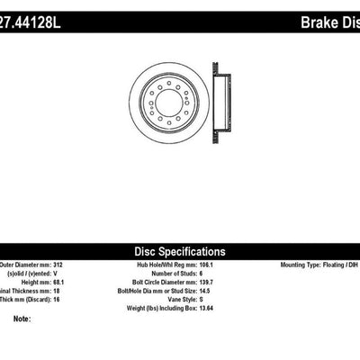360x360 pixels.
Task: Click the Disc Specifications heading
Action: click(180, 252)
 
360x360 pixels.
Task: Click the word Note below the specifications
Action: click(22, 319)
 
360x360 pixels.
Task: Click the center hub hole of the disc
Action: click(167, 102)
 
